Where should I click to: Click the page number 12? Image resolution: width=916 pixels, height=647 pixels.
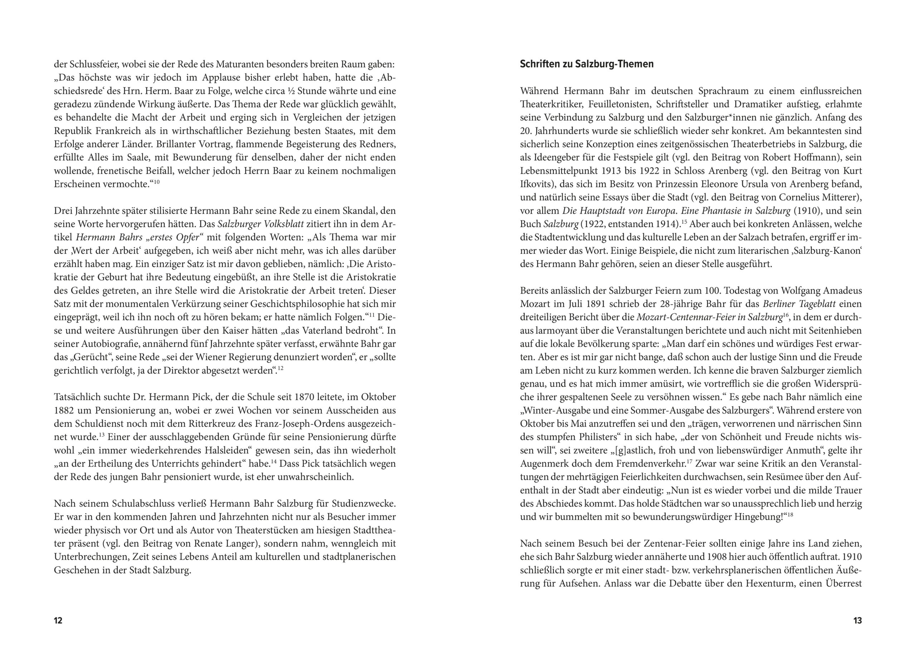coord(58,620)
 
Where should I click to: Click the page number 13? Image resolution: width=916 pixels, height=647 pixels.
coord(857,620)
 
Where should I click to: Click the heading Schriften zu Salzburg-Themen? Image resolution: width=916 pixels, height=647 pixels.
coord(586,64)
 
